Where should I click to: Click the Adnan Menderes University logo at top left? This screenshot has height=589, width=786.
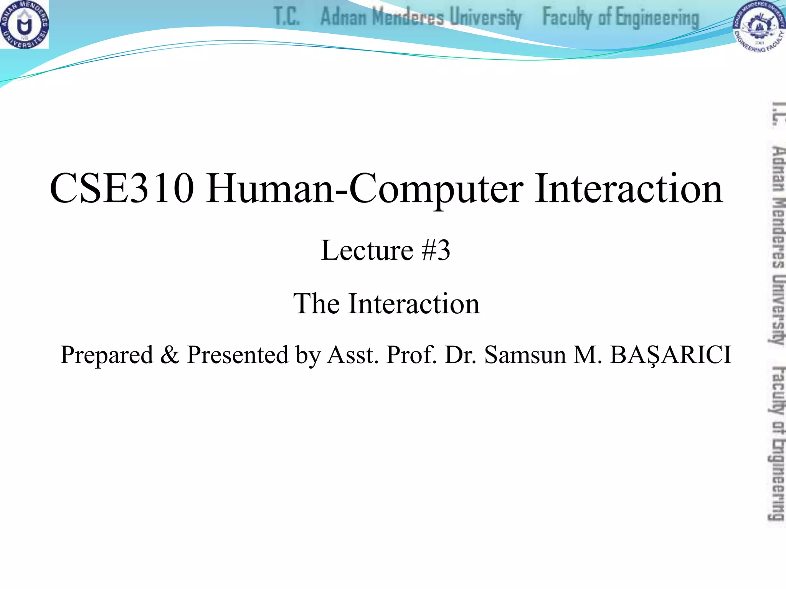coord(24,24)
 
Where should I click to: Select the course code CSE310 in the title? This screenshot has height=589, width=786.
coord(122,188)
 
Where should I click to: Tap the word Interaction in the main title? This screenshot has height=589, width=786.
coord(629,188)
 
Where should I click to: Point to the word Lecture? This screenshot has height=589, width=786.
coord(367,250)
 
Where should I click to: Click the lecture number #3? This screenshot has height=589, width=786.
coord(436,250)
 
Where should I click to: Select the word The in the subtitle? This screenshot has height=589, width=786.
coord(317,303)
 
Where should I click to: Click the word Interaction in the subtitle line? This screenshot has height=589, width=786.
coord(414,303)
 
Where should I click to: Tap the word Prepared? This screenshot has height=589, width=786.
coord(107,355)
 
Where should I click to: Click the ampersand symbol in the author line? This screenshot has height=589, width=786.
coord(169,354)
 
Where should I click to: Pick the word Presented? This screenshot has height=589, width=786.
coord(237,354)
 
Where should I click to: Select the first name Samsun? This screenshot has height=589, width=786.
coord(525,354)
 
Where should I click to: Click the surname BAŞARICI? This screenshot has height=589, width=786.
coord(670,355)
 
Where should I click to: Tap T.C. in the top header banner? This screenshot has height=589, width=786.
coord(286,17)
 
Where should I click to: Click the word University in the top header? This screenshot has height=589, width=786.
coord(485,18)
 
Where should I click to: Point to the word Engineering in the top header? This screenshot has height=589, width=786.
coord(657,18)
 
